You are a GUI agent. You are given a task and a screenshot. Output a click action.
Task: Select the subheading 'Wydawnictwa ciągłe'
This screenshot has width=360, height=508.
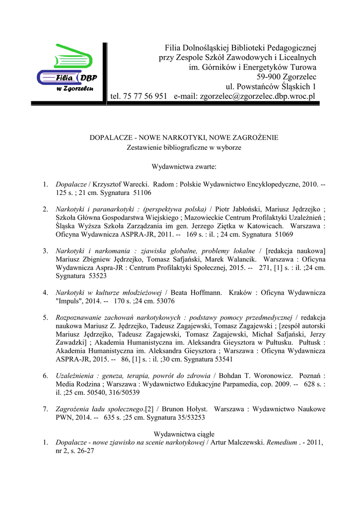pos(184,434)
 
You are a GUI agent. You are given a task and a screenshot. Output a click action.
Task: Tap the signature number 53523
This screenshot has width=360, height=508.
pos(95,275)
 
